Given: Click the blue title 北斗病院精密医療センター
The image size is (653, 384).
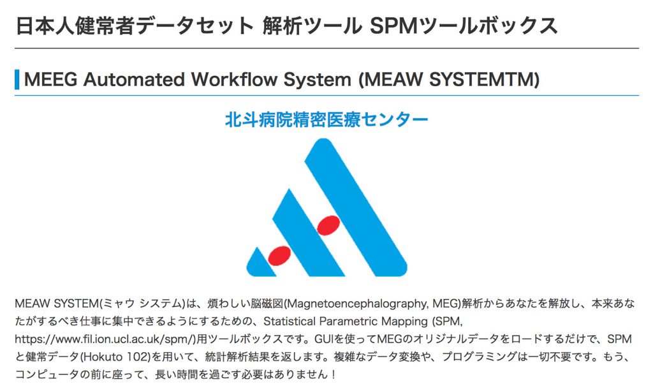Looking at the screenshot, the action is (326, 119).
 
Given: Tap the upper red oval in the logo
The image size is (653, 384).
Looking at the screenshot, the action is (328, 225).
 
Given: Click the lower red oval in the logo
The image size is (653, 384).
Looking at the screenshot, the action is (279, 256).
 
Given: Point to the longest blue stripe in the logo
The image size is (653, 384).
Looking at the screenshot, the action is (356, 207).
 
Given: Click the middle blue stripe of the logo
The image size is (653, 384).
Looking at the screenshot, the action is (309, 232).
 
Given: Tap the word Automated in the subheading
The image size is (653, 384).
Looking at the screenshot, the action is (134, 79).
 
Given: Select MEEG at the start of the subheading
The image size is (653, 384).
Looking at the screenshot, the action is (51, 79).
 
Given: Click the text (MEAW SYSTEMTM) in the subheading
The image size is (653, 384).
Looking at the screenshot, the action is (449, 79).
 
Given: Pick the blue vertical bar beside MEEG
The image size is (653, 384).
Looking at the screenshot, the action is (17, 79).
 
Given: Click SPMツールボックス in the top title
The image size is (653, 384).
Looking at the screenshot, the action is (464, 26).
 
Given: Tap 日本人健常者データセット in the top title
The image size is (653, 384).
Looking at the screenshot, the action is (135, 26).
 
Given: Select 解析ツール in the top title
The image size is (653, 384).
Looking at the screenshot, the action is (312, 26).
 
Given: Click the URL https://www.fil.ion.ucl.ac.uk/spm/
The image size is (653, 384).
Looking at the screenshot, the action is (105, 339).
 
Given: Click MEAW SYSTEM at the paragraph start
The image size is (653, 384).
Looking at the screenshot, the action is (56, 304).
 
